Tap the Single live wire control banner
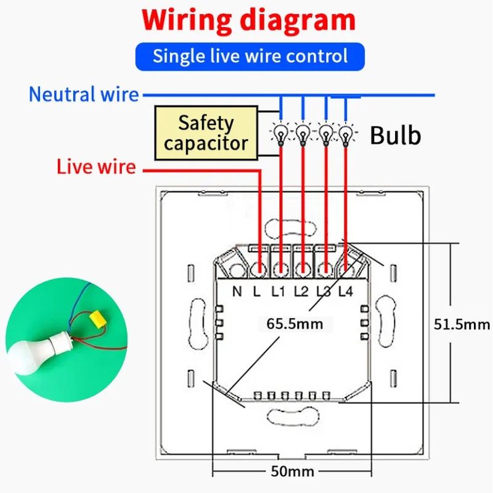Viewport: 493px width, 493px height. pyautogui.click(x=250, y=56)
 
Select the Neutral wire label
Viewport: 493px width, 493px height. pyautogui.click(x=84, y=95)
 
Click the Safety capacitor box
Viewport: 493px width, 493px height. pyautogui.click(x=205, y=133)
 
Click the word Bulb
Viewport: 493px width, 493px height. pyautogui.click(x=395, y=135)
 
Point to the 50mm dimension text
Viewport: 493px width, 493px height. pyautogui.click(x=293, y=472)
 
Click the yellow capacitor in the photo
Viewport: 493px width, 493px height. pyautogui.click(x=96, y=318)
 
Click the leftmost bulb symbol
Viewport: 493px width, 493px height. pyautogui.click(x=281, y=132)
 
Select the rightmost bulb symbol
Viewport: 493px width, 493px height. pyautogui.click(x=347, y=132)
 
